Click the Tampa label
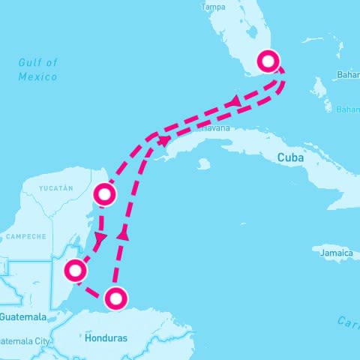click(214, 7)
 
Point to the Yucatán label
click(58, 187)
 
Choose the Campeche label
click(26, 236)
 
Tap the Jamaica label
click(335, 253)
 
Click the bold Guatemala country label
click(22, 317)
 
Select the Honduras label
click(106, 338)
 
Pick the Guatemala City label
click(25, 341)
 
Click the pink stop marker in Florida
click(268, 61)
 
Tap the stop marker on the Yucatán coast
click(104, 196)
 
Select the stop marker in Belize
click(74, 270)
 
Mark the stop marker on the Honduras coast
click(115, 298)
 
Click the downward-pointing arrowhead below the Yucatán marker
click(102, 238)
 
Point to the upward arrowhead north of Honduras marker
click(124, 235)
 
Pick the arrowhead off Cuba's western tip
click(164, 140)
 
